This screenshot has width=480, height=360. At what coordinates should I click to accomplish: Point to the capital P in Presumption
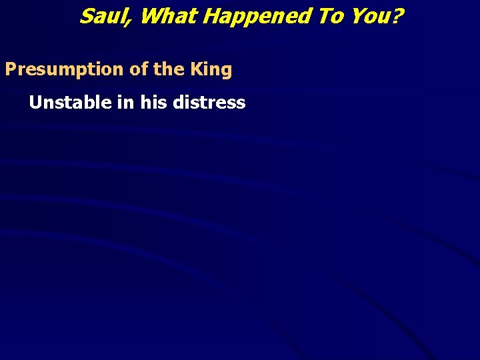tap(11, 69)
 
